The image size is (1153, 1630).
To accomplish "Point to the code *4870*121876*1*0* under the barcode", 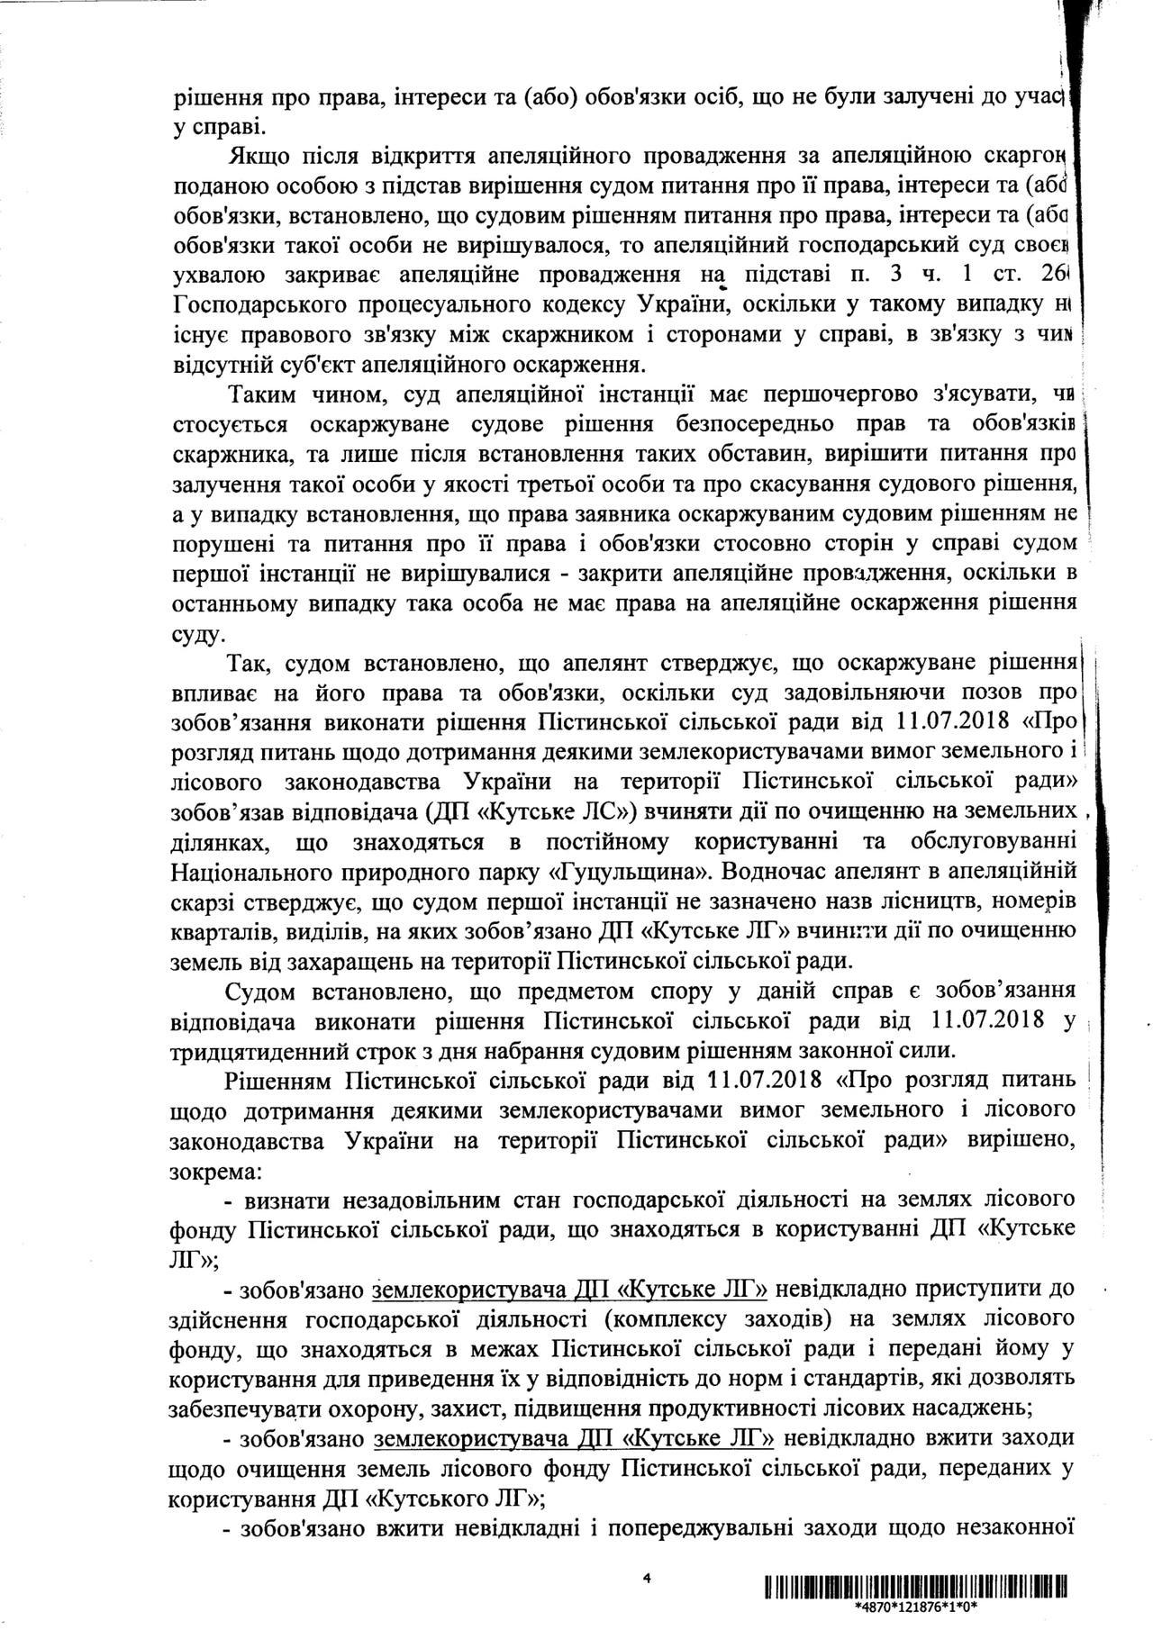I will pos(916,1605).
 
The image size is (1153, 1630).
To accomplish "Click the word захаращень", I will pos(338,961).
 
